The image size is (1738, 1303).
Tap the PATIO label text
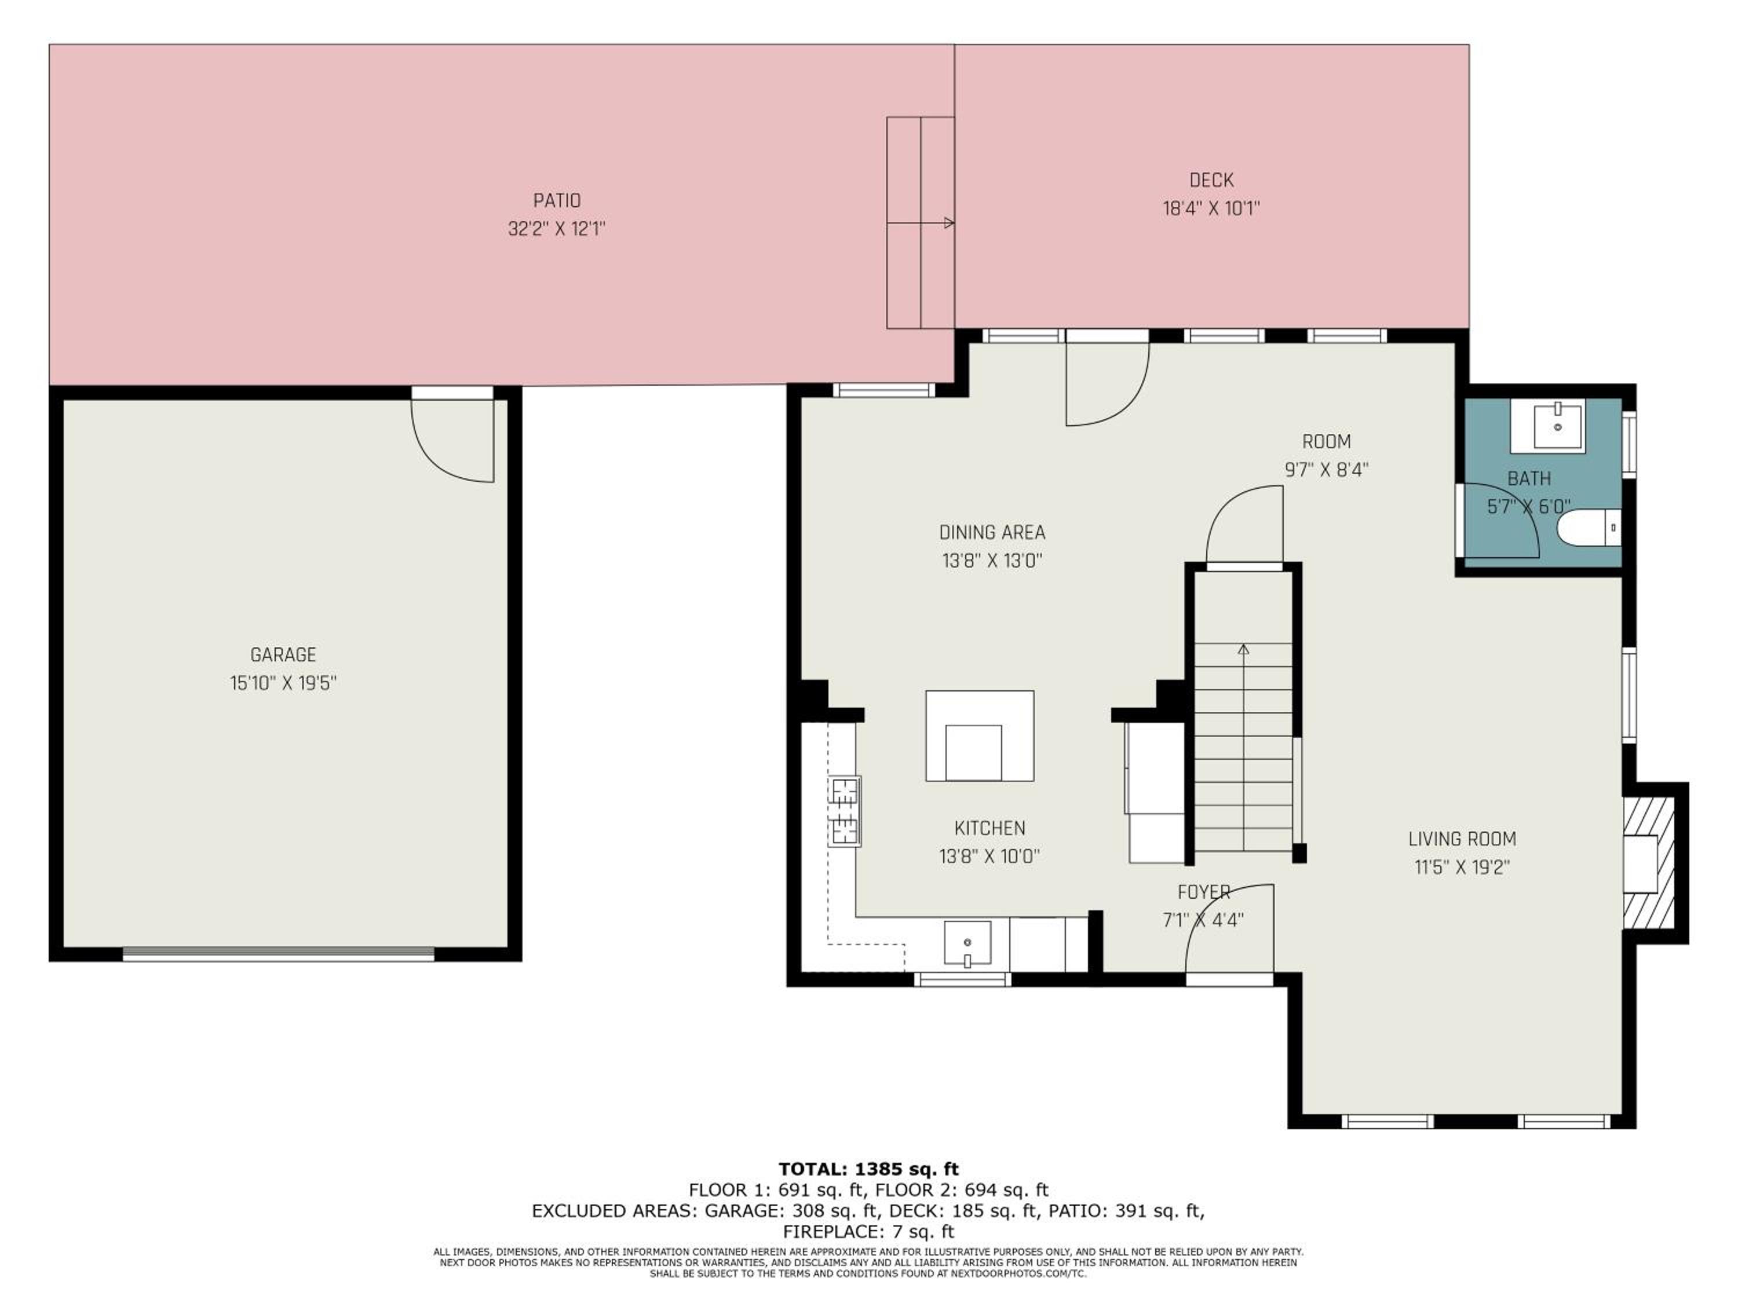coord(557,200)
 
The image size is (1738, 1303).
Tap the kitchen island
coord(979,736)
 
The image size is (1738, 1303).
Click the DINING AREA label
coord(992,533)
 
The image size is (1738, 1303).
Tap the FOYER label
coord(1204,892)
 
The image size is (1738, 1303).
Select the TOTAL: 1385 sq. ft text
coord(868,1169)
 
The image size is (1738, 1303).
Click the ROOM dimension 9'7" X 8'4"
coord(1326,470)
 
